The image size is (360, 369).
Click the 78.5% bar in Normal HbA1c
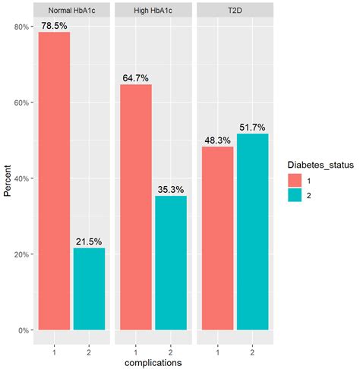(54, 181)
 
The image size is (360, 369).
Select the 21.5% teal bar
(90, 289)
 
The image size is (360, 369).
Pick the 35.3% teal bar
(171, 263)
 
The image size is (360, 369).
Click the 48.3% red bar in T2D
(217, 238)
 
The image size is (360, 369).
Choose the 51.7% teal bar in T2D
(252, 232)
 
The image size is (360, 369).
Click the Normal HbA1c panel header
(71, 11)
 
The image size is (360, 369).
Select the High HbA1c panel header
(153, 11)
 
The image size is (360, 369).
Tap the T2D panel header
(235, 11)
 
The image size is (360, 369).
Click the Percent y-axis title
(7, 179)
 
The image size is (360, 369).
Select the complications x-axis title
(153, 362)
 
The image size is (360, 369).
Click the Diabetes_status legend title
(320, 164)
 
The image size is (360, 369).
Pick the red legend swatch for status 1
(295, 180)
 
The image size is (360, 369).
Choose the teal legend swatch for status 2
(295, 195)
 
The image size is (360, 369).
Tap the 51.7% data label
(252, 127)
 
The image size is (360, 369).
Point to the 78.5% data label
(54, 25)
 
